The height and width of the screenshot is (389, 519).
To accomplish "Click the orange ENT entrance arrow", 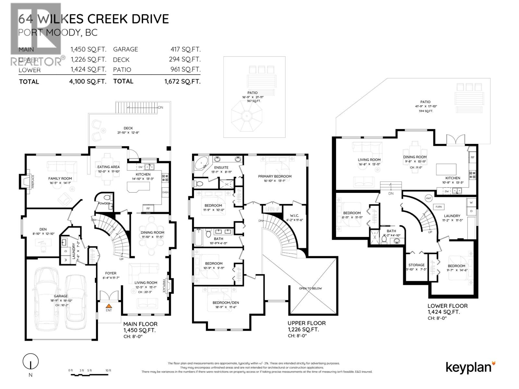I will (x=109, y=305).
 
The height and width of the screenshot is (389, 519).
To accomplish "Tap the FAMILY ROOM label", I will (x=60, y=178).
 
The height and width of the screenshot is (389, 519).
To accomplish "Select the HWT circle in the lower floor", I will (x=428, y=198).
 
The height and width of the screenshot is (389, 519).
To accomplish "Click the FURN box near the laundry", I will (x=439, y=206).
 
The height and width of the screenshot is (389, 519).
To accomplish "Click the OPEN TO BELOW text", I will (x=310, y=288).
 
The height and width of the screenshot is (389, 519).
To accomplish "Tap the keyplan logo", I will (x=470, y=367).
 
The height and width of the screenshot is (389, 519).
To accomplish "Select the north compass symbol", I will (x=30, y=362).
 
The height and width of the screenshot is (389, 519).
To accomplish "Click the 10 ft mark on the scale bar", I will (x=108, y=370).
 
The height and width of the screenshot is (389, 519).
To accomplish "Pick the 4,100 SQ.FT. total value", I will (x=86, y=81).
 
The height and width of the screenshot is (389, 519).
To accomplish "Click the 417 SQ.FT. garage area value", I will (x=186, y=49).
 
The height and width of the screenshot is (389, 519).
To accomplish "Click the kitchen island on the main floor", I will (x=139, y=187).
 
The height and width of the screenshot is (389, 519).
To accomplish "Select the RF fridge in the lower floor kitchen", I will (x=472, y=157).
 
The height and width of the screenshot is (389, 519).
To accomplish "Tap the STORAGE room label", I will (x=416, y=265).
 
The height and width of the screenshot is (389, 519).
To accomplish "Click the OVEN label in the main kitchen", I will (x=165, y=192).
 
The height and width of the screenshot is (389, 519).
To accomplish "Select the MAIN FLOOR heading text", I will (x=140, y=324).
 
